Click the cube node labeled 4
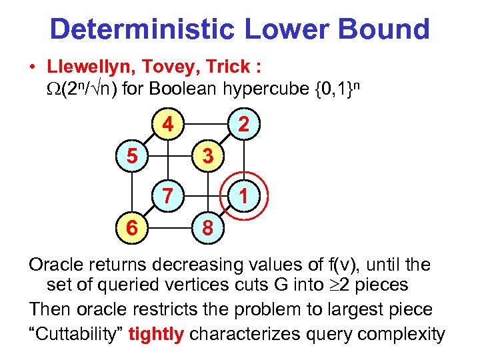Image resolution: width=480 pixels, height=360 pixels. pos(169,125)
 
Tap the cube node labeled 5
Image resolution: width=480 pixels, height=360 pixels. pos(131,157)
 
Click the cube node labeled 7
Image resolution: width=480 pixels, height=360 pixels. pos(169,196)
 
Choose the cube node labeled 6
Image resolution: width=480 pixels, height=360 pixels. pos(131,229)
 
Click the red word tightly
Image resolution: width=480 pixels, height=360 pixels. pos(155,333)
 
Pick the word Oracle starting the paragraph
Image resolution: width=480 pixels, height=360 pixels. pos(56,265)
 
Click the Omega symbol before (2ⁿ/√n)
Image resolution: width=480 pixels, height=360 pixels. pos(53,88)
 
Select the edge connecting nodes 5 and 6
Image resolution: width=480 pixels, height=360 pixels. pos(131,193)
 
